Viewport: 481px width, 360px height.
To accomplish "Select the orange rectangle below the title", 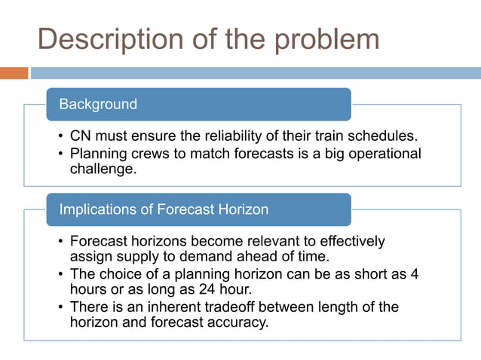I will [14, 73].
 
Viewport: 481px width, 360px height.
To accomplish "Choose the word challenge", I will [101, 169].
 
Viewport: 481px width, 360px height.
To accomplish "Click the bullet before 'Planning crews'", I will [61, 154].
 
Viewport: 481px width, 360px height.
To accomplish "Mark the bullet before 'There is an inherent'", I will [61, 307].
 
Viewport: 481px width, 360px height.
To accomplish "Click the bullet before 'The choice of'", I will [61, 274].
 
